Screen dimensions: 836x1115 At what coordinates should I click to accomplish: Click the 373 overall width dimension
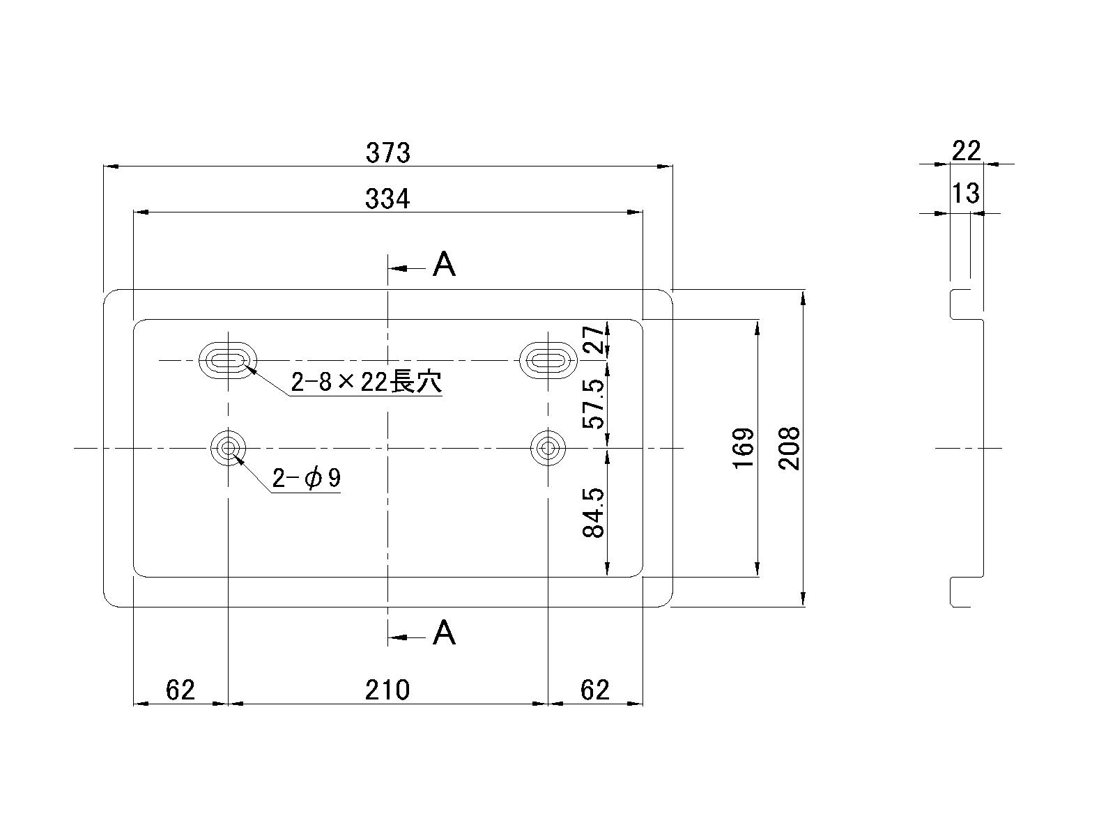click(x=388, y=153)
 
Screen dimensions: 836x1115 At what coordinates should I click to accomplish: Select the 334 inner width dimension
click(x=388, y=199)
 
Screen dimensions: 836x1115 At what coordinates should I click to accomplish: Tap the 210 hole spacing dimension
click(x=387, y=690)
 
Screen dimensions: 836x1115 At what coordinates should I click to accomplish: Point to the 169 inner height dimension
click(x=744, y=448)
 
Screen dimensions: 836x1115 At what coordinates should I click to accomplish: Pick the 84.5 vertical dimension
click(x=593, y=513)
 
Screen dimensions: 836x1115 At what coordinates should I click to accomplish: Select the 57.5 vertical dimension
click(x=593, y=404)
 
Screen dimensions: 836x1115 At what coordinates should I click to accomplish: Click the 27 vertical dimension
click(x=593, y=339)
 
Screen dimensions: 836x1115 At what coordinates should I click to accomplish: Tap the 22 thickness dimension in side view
click(x=966, y=150)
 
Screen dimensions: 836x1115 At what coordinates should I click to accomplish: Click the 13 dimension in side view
click(x=966, y=193)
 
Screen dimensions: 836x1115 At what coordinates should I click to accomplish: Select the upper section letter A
click(x=444, y=265)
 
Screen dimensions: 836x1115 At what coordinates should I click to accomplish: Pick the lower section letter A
click(x=444, y=633)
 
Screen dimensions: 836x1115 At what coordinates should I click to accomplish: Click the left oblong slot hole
click(x=228, y=360)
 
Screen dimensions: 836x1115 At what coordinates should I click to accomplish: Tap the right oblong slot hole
click(x=548, y=360)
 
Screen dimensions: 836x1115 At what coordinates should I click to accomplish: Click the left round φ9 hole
click(x=228, y=447)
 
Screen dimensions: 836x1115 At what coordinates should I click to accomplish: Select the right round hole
click(x=548, y=447)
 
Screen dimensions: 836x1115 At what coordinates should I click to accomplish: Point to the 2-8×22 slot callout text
click(x=366, y=382)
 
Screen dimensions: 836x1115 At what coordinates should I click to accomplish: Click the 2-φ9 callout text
click(x=307, y=479)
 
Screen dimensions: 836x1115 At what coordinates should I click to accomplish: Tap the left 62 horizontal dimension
click(x=180, y=690)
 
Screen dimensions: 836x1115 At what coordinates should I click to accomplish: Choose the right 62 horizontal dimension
click(x=595, y=690)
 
